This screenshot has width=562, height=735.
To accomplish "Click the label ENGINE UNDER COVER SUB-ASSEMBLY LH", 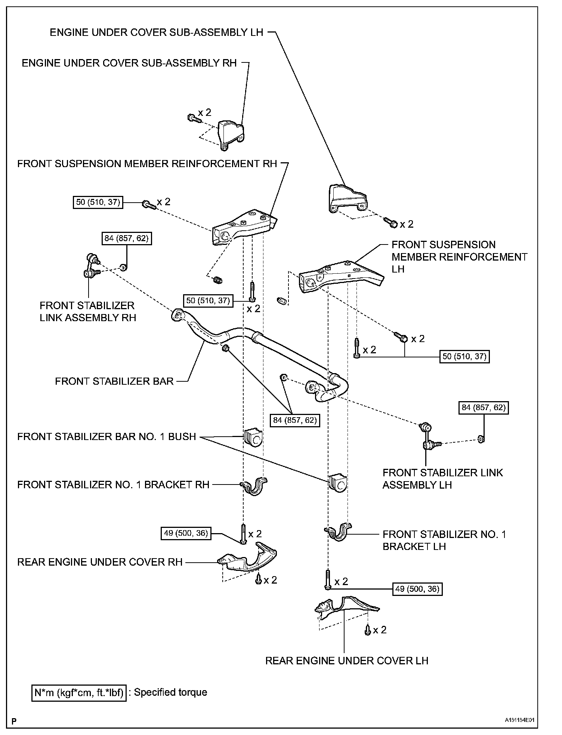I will [157, 33].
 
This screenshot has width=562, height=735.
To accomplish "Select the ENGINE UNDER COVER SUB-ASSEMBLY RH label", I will [129, 63].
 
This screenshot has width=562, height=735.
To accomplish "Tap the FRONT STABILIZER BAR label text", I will [114, 381].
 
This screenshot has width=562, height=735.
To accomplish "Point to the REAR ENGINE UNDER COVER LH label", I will [346, 661].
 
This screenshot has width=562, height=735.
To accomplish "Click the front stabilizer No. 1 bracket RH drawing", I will [254, 486].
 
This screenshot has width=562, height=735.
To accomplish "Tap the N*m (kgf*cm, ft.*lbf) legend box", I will [79, 692].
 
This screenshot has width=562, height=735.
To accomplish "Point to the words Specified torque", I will [170, 692].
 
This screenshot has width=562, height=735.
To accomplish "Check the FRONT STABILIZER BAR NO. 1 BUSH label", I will [106, 437].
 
